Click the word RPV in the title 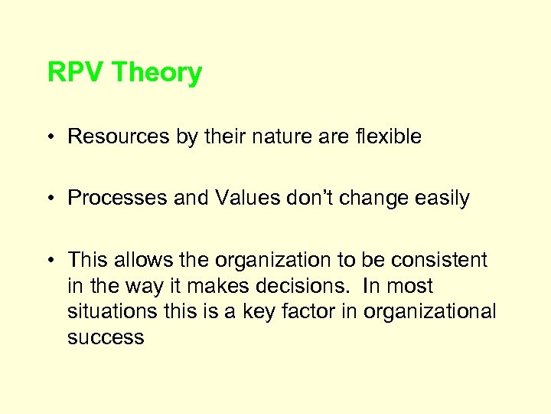pyautogui.click(x=76, y=73)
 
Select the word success pyautogui.click(x=106, y=338)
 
